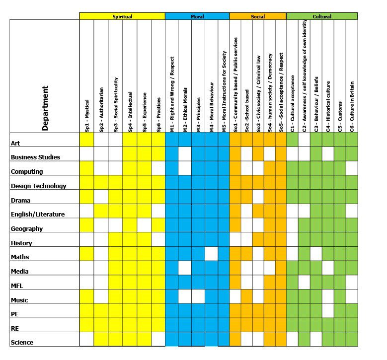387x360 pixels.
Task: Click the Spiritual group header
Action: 122,16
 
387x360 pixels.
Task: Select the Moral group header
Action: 197,16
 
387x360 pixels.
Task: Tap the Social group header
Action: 257,16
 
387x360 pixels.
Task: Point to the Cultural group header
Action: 322,16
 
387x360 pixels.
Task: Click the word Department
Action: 45,108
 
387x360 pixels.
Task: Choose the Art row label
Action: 15,143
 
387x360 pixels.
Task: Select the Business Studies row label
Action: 35,157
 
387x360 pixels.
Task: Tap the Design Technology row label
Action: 38,186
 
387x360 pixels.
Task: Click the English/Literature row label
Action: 38,215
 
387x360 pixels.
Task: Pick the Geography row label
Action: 27,229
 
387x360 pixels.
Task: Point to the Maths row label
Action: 20,257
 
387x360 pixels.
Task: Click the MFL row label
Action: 17,286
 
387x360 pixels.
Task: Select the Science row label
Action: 22,343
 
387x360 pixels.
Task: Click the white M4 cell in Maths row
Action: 211,254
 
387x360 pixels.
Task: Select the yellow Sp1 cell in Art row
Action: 86,140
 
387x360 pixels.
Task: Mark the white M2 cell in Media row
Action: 185,268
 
